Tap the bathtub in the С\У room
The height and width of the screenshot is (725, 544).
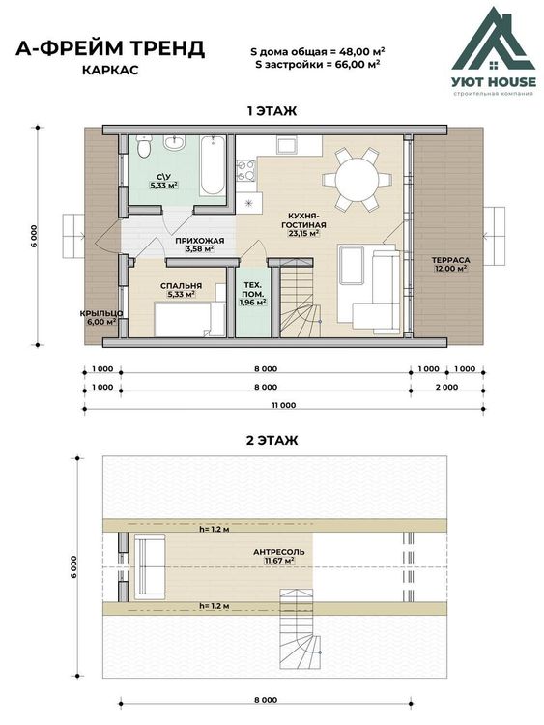pyautogui.click(x=213, y=165)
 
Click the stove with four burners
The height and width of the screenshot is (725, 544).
pyautogui.click(x=245, y=170)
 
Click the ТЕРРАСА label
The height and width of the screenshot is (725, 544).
pyautogui.click(x=450, y=260)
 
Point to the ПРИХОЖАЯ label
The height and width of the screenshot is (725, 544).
pyautogui.click(x=200, y=241)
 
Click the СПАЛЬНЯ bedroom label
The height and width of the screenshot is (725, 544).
pyautogui.click(x=182, y=286)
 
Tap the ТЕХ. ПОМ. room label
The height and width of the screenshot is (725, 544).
pyautogui.click(x=253, y=289)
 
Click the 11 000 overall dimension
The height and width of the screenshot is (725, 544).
pyautogui.click(x=284, y=405)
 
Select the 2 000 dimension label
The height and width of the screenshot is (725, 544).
pyautogui.click(x=447, y=387)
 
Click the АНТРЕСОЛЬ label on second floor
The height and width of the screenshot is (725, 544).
pyautogui.click(x=278, y=552)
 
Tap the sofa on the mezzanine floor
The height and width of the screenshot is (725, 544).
pyautogui.click(x=150, y=566)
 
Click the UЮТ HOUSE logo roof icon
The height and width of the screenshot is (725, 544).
pyautogui.click(x=493, y=41)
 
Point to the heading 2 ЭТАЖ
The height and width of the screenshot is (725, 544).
pyautogui.click(x=272, y=440)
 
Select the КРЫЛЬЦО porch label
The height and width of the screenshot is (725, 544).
pyautogui.click(x=101, y=313)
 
